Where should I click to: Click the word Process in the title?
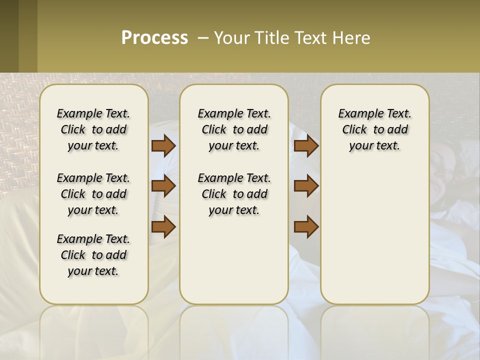click(154, 38)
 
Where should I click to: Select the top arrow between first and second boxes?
click(163, 145)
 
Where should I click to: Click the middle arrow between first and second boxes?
click(163, 186)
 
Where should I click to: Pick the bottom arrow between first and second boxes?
click(163, 227)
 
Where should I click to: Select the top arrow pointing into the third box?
click(306, 145)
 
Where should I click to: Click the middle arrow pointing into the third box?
click(306, 186)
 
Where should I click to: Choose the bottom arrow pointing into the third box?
click(306, 227)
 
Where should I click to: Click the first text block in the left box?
click(93, 129)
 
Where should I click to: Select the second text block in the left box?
click(93, 194)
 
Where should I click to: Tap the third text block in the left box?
click(93, 255)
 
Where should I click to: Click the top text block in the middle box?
click(234, 129)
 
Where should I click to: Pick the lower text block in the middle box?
click(234, 194)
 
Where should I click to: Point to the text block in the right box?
click(375, 129)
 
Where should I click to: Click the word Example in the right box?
click(355, 113)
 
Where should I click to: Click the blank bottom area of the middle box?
click(234, 265)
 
